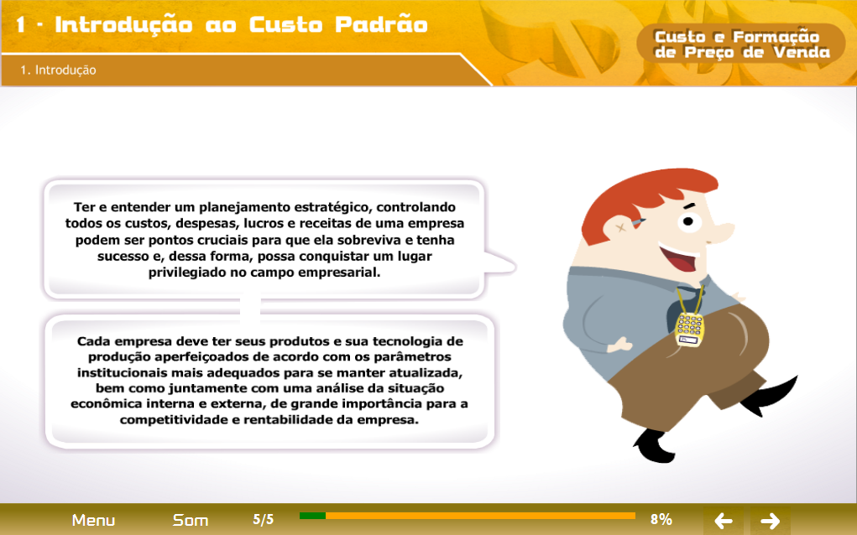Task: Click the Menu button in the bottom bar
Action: click(x=93, y=520)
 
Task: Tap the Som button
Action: click(x=191, y=520)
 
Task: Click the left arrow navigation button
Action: click(x=723, y=520)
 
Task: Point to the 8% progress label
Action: click(x=661, y=519)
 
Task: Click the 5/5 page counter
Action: click(x=263, y=519)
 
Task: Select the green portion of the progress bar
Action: click(x=312, y=516)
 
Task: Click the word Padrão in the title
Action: click(x=381, y=24)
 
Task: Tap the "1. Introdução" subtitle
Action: click(x=58, y=70)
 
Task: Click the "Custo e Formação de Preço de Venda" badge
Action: click(x=742, y=44)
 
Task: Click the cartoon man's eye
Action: click(x=688, y=221)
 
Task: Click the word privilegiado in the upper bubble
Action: click(x=187, y=273)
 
